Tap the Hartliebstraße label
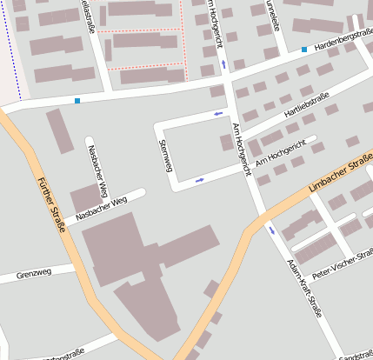pyautogui.click(x=305, y=103)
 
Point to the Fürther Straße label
pyautogui.click(x=52, y=207)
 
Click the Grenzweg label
pyautogui.click(x=33, y=272)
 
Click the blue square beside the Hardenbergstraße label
pyautogui.click(x=303, y=50)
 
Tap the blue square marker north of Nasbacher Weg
pyautogui.click(x=77, y=101)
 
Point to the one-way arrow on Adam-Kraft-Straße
pyautogui.click(x=271, y=230)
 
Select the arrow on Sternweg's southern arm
pyautogui.click(x=200, y=180)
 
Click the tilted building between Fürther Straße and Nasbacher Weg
pyautogui.click(x=60, y=131)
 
